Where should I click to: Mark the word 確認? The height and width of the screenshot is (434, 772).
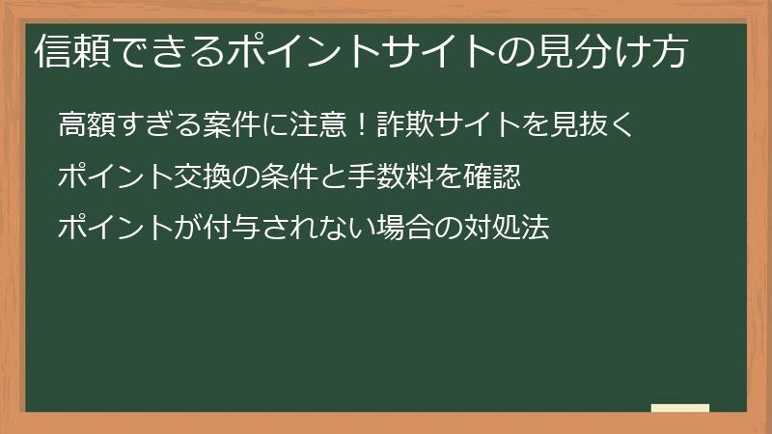click(493, 177)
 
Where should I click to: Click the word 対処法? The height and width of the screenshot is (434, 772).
click(508, 230)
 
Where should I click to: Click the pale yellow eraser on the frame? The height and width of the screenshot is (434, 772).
click(679, 408)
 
